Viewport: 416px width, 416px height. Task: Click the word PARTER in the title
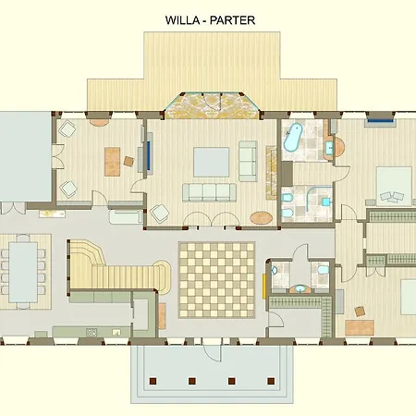(x=232, y=20)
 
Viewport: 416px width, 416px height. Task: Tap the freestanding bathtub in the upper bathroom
(x=292, y=137)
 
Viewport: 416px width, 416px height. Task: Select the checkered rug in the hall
(x=216, y=280)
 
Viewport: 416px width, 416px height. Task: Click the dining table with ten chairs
(x=23, y=272)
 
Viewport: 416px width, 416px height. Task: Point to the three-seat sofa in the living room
(x=209, y=192)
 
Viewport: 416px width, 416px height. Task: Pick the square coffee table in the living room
(x=212, y=162)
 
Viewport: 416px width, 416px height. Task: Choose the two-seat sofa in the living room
(x=248, y=161)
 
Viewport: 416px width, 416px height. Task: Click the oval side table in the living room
(x=262, y=218)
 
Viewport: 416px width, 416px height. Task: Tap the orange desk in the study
(x=112, y=162)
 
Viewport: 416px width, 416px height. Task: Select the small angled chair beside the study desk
(x=129, y=161)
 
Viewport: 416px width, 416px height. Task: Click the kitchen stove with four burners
(x=92, y=332)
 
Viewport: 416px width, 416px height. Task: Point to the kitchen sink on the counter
(x=116, y=332)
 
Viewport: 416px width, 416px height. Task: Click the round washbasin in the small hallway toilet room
(x=300, y=288)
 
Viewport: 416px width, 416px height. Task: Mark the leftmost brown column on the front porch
(x=153, y=381)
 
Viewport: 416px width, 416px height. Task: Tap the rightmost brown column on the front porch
(x=271, y=381)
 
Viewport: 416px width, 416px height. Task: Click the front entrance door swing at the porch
(x=213, y=352)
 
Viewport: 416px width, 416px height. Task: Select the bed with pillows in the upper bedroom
(x=394, y=186)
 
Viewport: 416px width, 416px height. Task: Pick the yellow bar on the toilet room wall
(x=264, y=286)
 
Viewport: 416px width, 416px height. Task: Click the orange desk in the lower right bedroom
(x=360, y=327)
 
